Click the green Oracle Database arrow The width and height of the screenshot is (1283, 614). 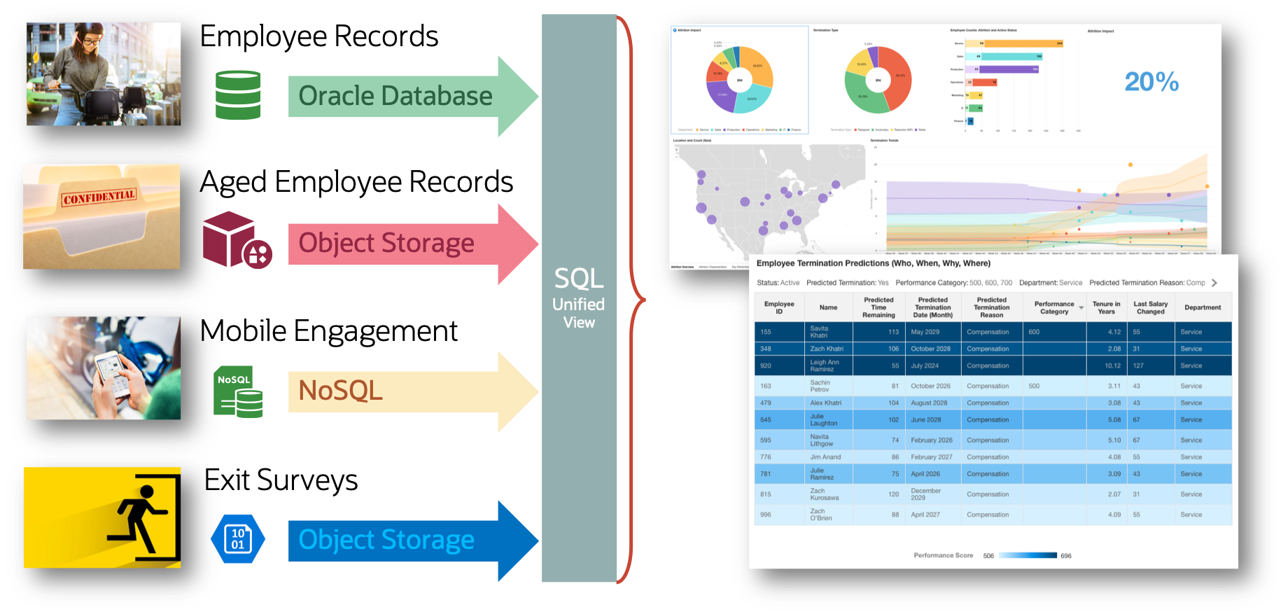coord(395,96)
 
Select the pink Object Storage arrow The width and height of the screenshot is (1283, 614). coord(386,244)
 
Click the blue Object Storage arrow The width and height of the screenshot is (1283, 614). coord(386,540)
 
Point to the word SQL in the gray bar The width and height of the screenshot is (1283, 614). coord(579,279)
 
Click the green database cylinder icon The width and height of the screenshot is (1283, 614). coord(238,95)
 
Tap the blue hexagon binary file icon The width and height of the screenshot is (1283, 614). coord(238,539)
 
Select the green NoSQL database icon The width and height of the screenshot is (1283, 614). coord(239,391)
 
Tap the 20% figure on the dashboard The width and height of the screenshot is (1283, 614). coord(1151,82)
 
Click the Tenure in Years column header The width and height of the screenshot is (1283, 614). coord(1106,307)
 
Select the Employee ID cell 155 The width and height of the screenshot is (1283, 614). coord(766,332)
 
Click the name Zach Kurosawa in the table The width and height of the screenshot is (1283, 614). coord(824,494)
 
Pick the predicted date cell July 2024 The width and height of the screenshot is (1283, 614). coord(925,365)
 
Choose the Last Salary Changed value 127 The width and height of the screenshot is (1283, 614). coord(1138,365)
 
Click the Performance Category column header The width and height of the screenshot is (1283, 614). coord(1054,307)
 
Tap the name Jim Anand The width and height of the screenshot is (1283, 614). coord(825,457)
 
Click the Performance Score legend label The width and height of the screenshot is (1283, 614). coord(943,555)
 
